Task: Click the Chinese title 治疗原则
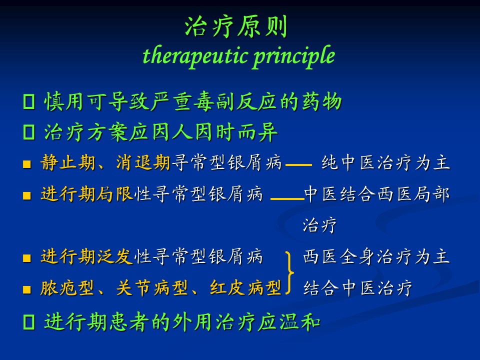tap(236, 26)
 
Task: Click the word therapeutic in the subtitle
tap(195, 56)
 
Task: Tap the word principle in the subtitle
tap(294, 56)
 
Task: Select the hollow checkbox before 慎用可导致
tap(29, 101)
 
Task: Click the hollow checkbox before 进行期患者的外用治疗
tap(29, 322)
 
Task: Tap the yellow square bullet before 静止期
tap(27, 164)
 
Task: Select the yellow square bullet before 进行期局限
tap(27, 195)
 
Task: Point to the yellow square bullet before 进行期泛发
tap(27, 258)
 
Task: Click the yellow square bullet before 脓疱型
tap(27, 289)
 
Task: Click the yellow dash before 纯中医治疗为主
tap(299, 164)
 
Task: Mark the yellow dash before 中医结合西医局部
tap(287, 198)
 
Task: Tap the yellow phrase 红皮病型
tap(246, 288)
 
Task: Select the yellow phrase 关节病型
tap(152, 288)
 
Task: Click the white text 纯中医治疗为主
tap(385, 162)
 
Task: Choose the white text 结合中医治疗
tap(358, 288)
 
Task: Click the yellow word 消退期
tap(143, 162)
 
